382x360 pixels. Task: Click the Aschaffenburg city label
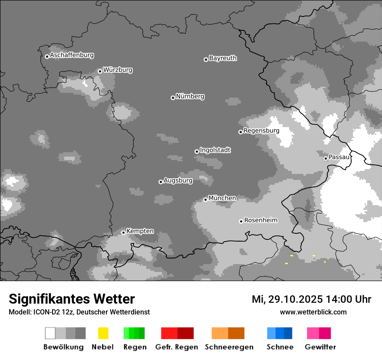pos(72,56)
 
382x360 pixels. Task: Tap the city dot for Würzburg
pos(100,71)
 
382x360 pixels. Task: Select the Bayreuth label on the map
pos(223,58)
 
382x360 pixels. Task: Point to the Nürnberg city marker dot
pos(173,98)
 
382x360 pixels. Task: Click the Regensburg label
pos(261,131)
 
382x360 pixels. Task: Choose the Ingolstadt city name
pos(215,150)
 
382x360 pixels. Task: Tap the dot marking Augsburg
pos(161,182)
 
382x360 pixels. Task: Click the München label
pos(222,198)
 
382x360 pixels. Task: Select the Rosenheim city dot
pos(241,221)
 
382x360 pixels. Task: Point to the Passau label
pos(339,157)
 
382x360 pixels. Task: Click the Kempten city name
pos(140,231)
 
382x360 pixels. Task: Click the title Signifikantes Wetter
pos(72,299)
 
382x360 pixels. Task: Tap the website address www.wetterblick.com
pos(313,312)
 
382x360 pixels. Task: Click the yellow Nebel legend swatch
pos(103,333)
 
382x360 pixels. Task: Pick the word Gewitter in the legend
pos(320,347)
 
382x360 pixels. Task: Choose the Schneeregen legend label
pos(229,347)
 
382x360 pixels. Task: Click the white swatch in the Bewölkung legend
pos(50,333)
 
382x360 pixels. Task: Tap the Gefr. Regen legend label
pos(176,347)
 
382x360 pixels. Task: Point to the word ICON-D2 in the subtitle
pos(43,312)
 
